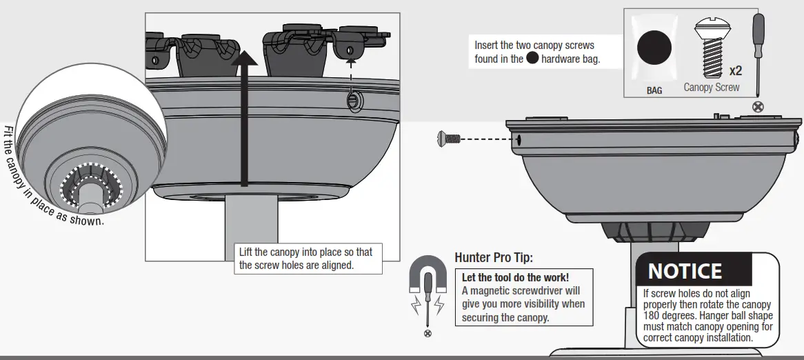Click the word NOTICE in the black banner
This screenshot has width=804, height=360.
point(685,271)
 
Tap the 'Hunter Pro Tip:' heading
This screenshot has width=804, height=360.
point(494,258)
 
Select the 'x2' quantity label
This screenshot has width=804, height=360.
point(735,71)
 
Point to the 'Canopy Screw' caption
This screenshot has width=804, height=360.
point(711,88)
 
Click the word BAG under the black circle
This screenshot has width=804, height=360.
point(654,90)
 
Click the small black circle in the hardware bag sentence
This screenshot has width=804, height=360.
point(532,59)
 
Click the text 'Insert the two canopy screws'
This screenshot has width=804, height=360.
point(534,46)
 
